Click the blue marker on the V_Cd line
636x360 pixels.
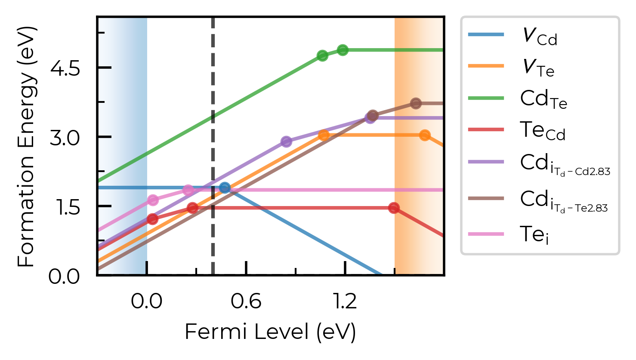[225, 188]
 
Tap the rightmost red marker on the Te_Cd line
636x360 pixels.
[394, 208]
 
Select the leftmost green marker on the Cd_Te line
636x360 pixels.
[322, 55]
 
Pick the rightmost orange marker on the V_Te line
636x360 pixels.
[425, 135]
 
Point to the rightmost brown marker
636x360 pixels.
[416, 104]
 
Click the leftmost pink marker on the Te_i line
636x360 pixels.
[153, 200]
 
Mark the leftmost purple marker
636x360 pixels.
[286, 141]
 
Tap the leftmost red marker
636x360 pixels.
[153, 219]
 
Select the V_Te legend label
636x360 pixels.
[538, 68]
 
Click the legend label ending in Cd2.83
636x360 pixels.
[565, 165]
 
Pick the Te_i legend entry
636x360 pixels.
[508, 234]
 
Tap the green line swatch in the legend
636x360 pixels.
[486, 98]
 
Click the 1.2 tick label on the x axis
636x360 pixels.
[345, 301]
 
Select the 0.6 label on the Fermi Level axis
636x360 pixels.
[246, 301]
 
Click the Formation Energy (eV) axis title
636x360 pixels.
[27, 147]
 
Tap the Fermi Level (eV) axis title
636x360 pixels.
[270, 332]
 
